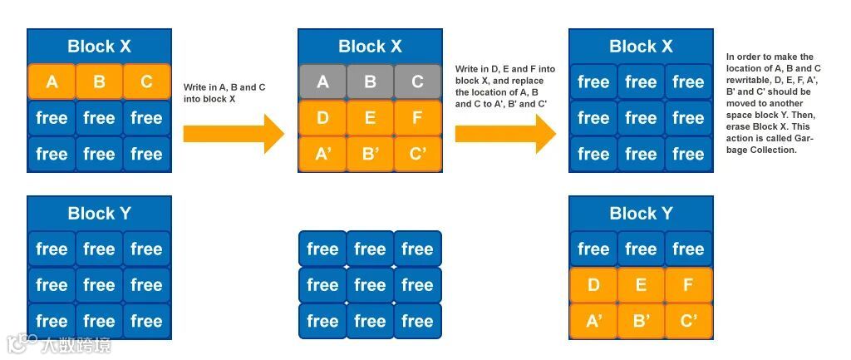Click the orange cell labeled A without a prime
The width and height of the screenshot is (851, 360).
pos(52,81)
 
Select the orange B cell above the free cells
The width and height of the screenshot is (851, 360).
pos(99,81)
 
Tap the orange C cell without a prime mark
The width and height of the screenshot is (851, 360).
pos(146,81)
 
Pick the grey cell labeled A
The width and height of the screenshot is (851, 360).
pos(322,81)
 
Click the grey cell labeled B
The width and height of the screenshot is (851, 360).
pos(370,81)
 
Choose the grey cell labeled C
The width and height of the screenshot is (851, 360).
pos(417,81)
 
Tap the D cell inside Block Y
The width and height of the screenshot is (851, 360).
pos(593,285)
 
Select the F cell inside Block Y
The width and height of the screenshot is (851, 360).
pos(688,285)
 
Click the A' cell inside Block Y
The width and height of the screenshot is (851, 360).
pos(593,321)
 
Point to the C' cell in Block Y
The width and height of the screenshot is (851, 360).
pos(688,321)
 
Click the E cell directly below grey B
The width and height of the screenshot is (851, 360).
pos(370,118)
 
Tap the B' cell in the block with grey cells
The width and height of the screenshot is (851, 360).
pos(370,154)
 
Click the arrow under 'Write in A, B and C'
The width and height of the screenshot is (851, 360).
pos(234,134)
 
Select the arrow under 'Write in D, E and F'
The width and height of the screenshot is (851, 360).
pos(505,134)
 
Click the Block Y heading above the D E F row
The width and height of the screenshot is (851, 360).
pos(641,214)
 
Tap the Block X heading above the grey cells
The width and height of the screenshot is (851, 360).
pos(370,47)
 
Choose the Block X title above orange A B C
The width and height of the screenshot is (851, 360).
pos(99,47)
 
